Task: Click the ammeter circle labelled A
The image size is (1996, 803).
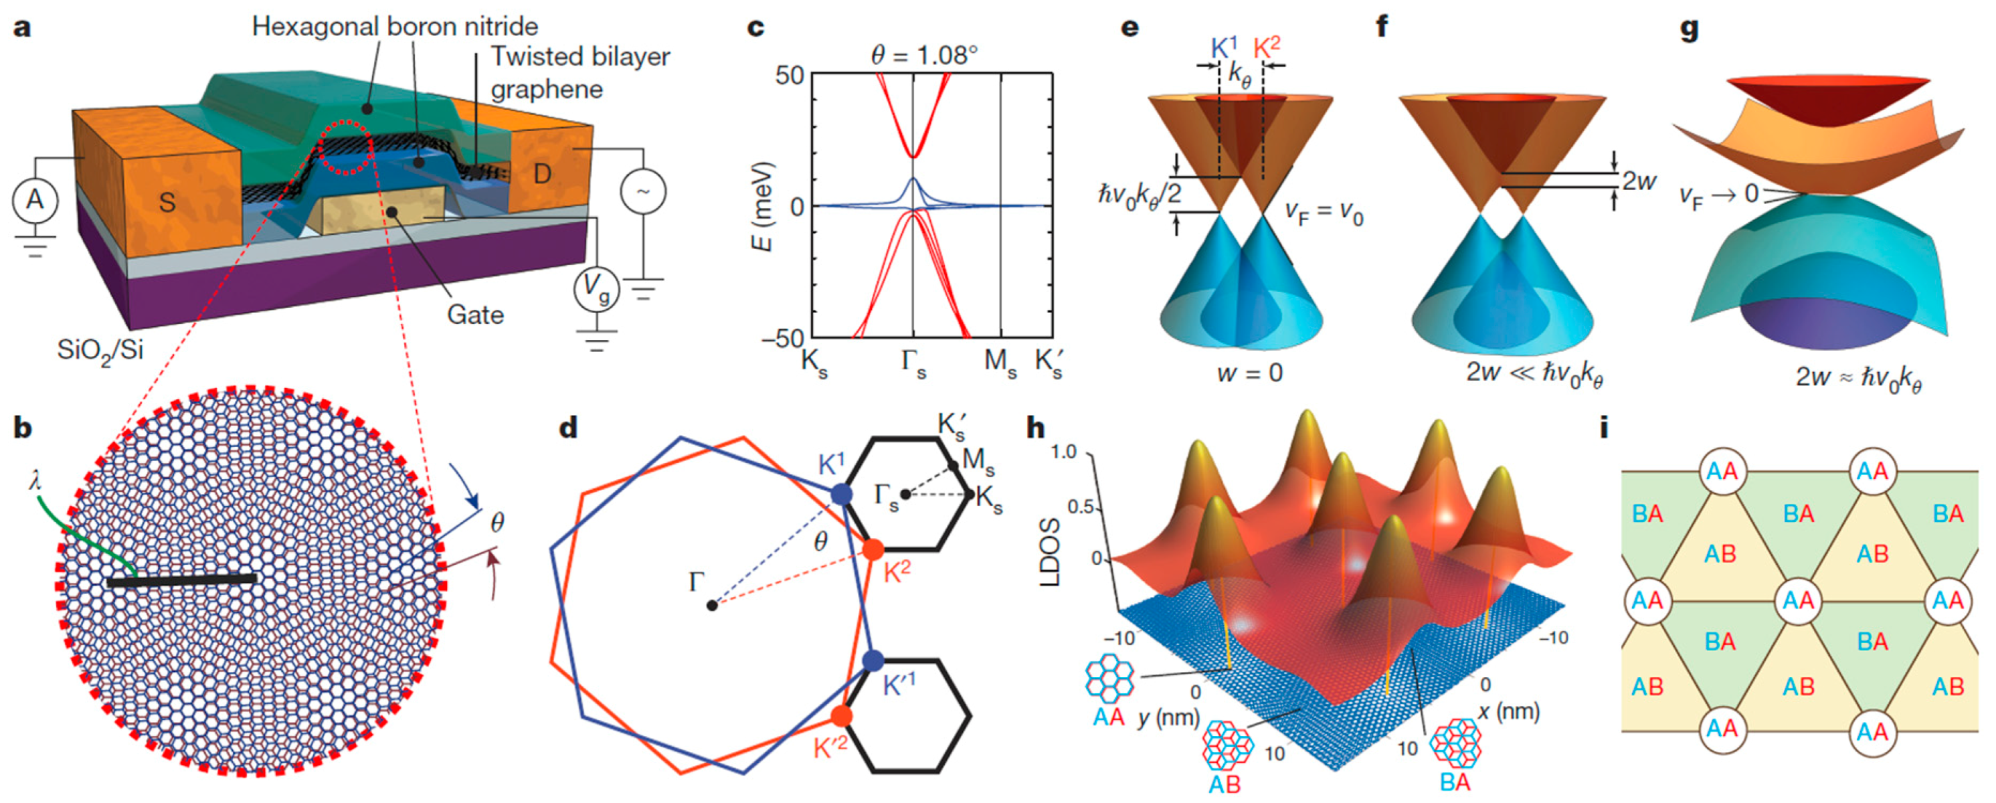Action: (x=35, y=201)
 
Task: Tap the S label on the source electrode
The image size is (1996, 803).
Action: (x=167, y=202)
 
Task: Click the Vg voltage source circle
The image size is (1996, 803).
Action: (x=596, y=289)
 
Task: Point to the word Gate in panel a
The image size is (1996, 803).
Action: (x=475, y=315)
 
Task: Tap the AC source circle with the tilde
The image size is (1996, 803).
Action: (x=643, y=191)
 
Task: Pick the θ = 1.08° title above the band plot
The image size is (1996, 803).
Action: (x=924, y=55)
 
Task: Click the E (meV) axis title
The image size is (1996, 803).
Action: (x=763, y=206)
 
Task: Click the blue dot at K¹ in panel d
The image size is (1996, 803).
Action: (x=842, y=495)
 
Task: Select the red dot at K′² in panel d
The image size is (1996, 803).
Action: (x=842, y=715)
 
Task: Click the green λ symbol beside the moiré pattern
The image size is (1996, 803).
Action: (x=34, y=481)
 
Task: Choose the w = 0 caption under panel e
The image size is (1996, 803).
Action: (x=1250, y=373)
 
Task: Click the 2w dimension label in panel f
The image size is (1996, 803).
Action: (x=1640, y=181)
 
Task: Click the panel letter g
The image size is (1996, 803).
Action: (x=1688, y=28)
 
